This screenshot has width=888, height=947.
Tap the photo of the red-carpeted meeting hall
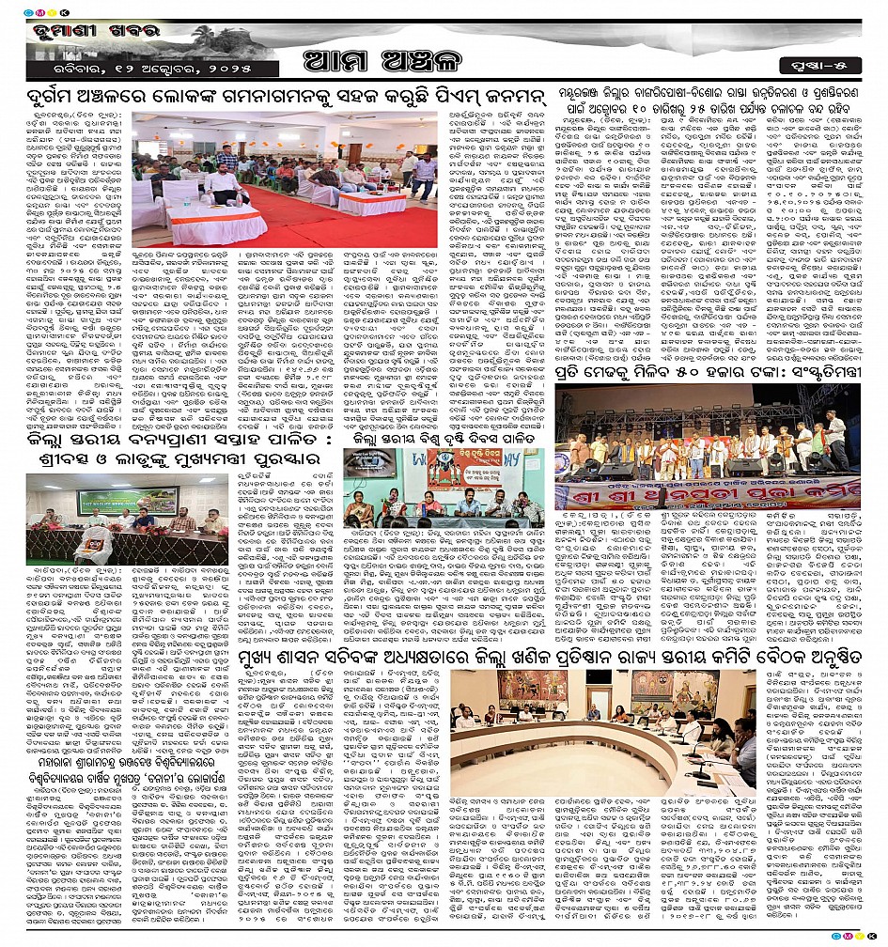coord(286,179)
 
